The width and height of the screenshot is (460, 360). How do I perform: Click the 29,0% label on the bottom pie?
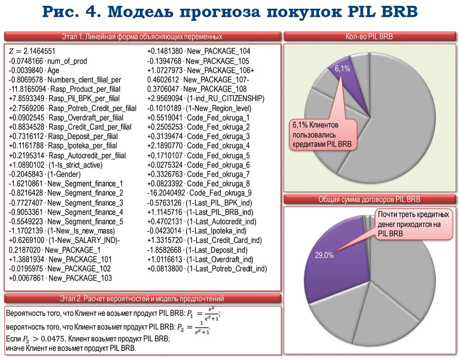tap(324, 255)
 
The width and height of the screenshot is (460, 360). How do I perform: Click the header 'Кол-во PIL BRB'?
tap(369, 37)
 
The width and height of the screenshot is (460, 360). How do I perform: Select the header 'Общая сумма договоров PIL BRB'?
tap(369, 199)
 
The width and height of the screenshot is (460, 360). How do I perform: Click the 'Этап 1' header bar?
tap(142, 37)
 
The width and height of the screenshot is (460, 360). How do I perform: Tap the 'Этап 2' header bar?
tap(142, 298)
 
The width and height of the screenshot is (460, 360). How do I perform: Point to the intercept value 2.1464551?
tap(40, 52)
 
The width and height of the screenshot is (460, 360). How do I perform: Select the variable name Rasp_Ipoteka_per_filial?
tap(82, 146)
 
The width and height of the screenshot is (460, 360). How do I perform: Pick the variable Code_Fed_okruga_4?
tap(218, 146)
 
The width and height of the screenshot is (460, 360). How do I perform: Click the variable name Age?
tap(53, 70)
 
